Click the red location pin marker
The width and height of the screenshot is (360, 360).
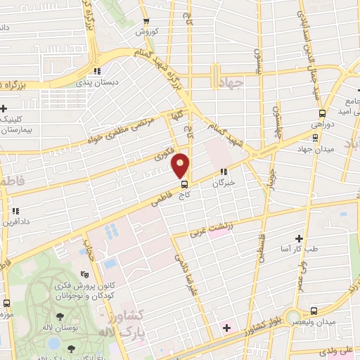point(181,165)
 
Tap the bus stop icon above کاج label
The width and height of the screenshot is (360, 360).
point(185,184)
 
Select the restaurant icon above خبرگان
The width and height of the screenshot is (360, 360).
point(224,172)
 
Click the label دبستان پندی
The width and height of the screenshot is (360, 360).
point(99,82)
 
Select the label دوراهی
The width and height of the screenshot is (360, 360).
point(322,124)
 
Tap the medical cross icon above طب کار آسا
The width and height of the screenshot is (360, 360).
point(300,239)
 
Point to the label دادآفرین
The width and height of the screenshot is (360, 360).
point(15,221)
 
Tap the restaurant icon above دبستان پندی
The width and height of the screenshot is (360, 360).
point(99,71)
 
